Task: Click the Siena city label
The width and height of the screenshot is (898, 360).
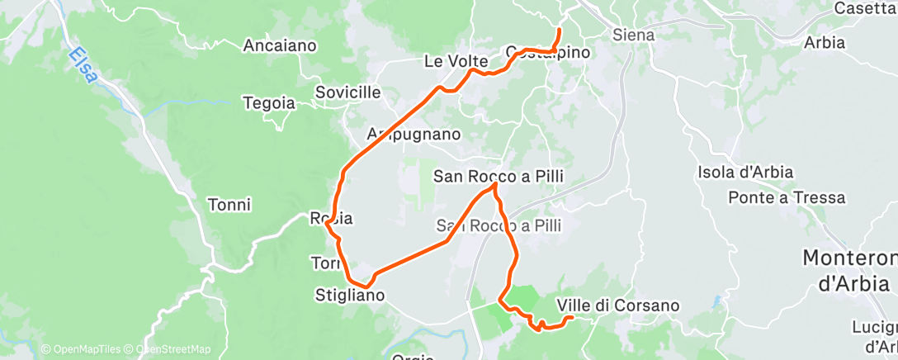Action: click(x=634, y=36)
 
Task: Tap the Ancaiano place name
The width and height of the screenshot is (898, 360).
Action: click(x=280, y=46)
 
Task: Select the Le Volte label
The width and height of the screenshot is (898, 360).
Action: click(x=456, y=61)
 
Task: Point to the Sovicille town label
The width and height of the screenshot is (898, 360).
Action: click(x=348, y=92)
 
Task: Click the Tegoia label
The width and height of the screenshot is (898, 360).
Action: click(x=268, y=103)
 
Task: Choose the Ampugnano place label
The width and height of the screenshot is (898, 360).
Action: click(x=413, y=134)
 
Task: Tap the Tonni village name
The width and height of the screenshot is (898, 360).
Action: click(x=229, y=205)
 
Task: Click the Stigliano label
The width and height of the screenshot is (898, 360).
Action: click(x=350, y=294)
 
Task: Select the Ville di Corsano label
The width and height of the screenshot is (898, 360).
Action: click(x=619, y=306)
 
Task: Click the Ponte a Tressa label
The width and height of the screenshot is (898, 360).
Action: click(x=787, y=198)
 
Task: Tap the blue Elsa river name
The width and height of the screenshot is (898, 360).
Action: click(x=83, y=64)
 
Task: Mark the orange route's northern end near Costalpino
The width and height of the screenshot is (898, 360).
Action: click(x=560, y=30)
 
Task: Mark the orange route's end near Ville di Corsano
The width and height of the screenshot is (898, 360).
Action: click(x=572, y=317)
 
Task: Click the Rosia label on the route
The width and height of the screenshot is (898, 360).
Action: click(x=331, y=219)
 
